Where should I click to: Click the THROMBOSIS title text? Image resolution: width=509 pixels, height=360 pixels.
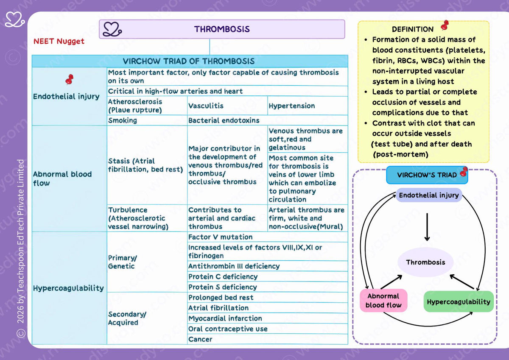coord(222,29)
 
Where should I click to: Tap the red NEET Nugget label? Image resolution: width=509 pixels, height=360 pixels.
coord(59,41)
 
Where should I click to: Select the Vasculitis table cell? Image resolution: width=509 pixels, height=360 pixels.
coord(227,106)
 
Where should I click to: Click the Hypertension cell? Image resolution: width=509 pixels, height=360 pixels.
coord(308,106)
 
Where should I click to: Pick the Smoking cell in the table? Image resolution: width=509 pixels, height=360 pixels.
coord(147,120)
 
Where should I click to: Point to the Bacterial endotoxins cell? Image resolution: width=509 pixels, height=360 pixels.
coord(268,120)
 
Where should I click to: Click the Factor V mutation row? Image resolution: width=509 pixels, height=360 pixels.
coord(268,237)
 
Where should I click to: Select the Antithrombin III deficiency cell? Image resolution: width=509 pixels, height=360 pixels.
coord(268,266)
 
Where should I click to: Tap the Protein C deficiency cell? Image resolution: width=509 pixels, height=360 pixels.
coord(268,276)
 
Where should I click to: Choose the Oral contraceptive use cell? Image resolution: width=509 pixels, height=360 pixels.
coord(268,329)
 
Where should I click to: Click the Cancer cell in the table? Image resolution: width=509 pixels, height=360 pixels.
coord(268,339)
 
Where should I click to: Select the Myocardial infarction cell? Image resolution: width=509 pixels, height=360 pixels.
coord(268,318)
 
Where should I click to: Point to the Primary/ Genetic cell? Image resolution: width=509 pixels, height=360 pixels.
coord(147,262)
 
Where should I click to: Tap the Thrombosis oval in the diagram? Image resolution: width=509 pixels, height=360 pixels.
coord(425,262)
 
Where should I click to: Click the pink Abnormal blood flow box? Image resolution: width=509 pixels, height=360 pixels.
coord(383,300)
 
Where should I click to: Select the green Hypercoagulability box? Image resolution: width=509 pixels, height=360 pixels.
coord(459,301)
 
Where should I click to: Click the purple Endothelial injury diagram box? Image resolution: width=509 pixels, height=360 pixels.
coord(429,195)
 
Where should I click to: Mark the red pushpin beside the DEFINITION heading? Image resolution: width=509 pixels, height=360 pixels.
coord(445,25)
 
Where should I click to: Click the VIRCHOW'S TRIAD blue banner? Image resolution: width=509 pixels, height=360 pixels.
coord(427,175)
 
